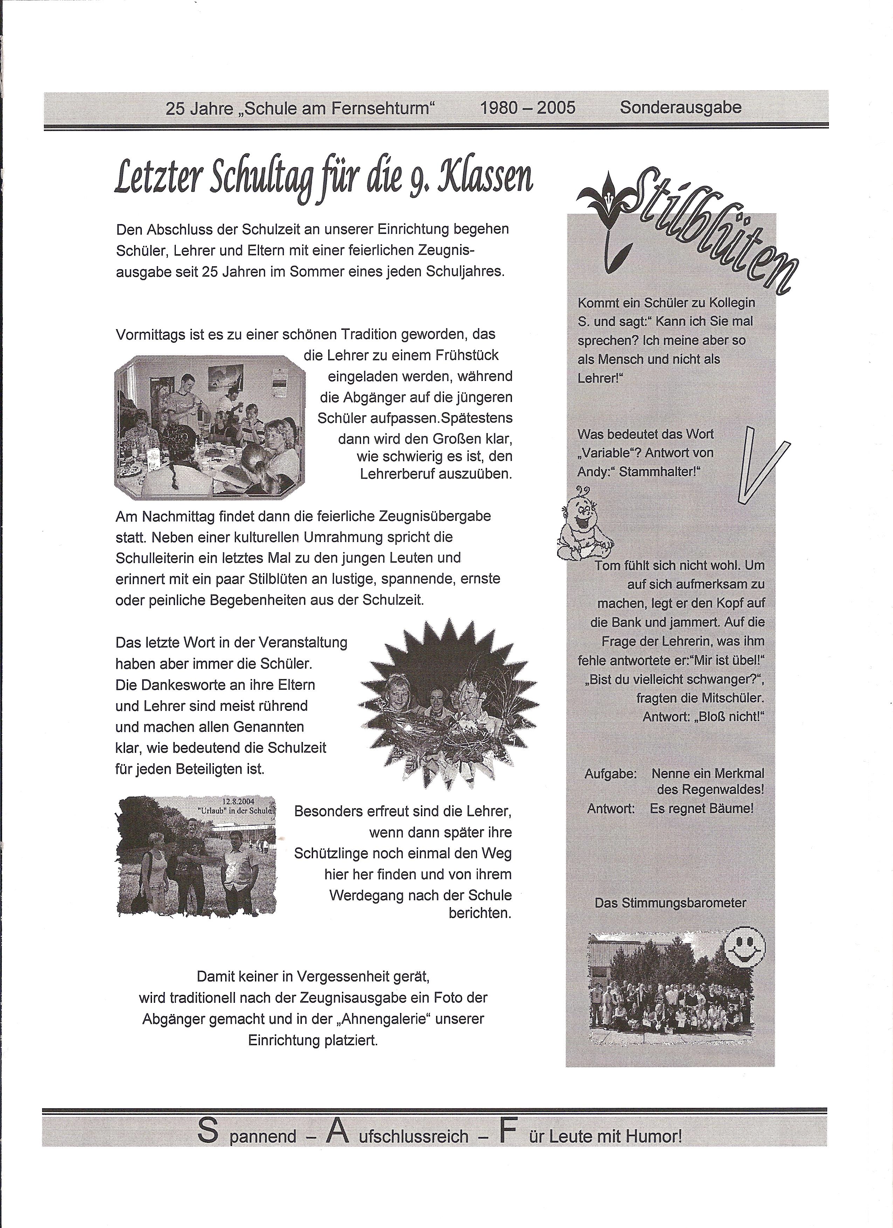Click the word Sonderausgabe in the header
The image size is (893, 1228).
coord(680,107)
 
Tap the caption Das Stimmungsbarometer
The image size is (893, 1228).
coord(670,903)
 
